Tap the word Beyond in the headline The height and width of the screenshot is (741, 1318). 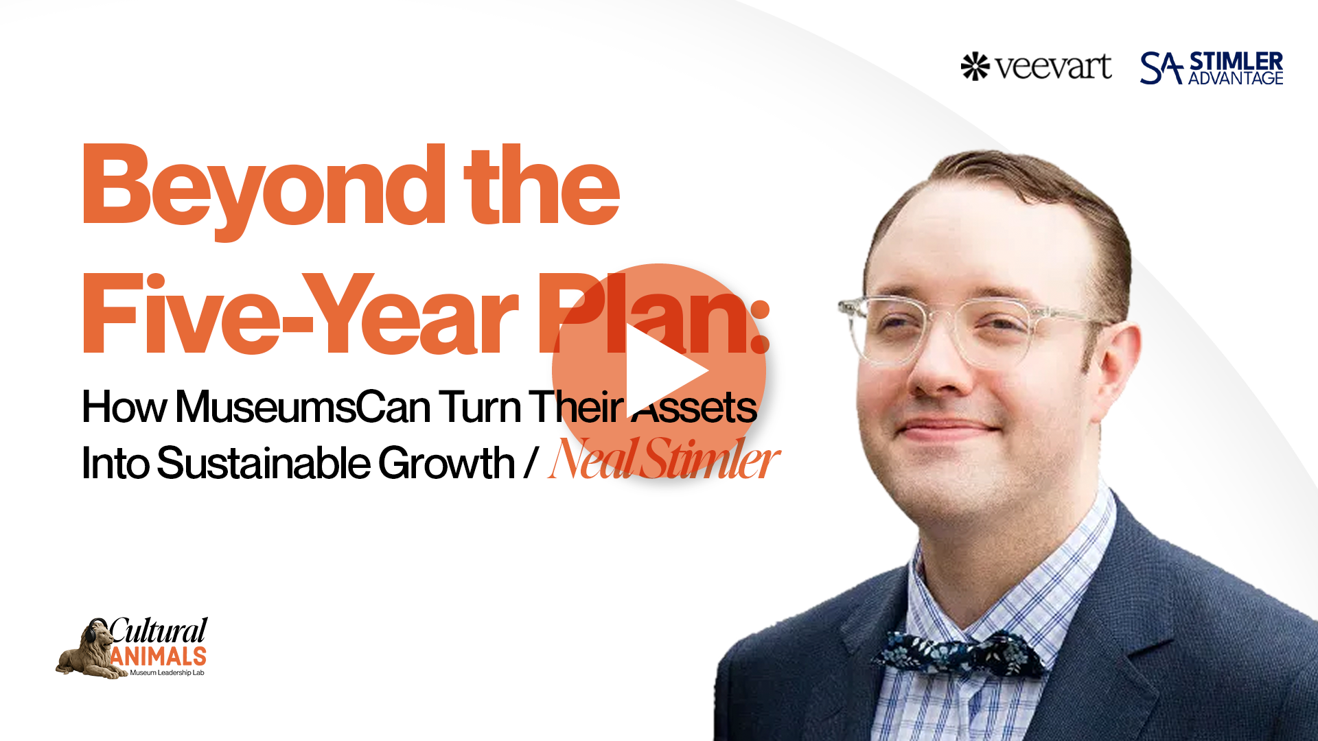(264, 189)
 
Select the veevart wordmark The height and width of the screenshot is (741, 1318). (1054, 67)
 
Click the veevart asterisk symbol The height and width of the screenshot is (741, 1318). (975, 67)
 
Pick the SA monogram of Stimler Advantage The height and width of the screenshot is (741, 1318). (1161, 68)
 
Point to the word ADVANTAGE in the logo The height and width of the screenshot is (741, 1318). (1236, 78)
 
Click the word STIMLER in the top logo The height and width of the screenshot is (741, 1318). (1236, 60)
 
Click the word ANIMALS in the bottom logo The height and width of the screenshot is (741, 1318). (158, 657)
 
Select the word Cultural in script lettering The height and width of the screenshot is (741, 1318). (159, 631)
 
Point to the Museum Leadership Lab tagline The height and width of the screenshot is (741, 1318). (167, 673)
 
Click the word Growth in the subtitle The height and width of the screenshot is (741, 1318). (446, 463)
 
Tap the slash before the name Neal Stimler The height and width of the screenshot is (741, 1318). (530, 463)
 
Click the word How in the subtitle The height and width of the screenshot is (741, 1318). (124, 407)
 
